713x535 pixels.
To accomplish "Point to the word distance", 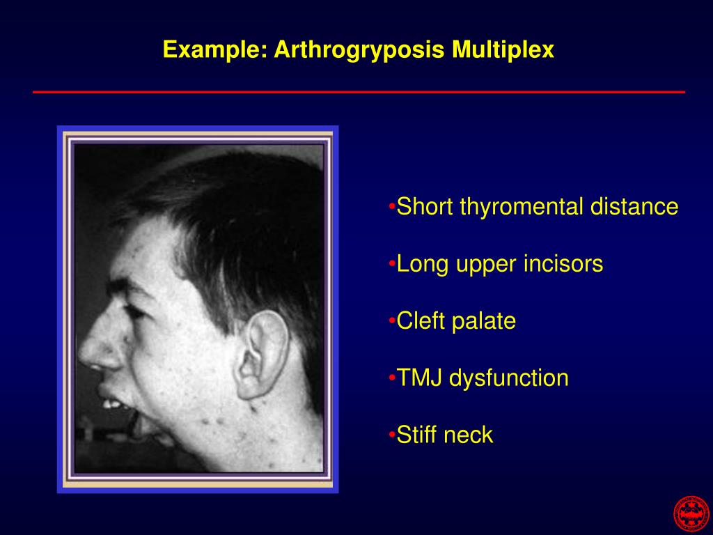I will click(634, 207).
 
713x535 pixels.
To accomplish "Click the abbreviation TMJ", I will click(420, 378).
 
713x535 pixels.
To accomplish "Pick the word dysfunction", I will click(509, 378).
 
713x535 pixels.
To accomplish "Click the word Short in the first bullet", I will click(425, 207).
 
